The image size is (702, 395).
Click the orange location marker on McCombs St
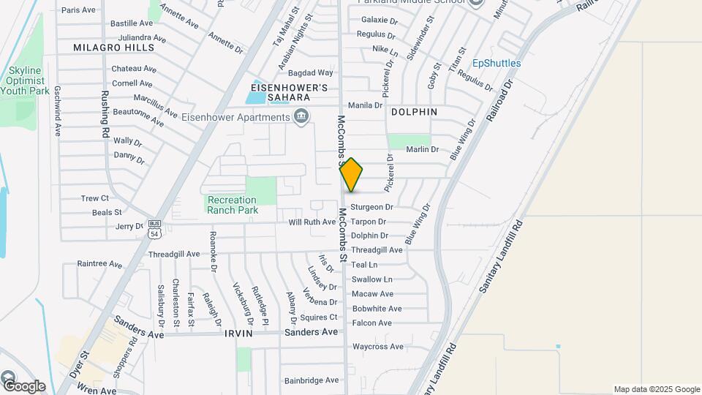[x=351, y=175]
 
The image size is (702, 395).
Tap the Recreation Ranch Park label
[x=232, y=205]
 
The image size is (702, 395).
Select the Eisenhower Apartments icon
[x=301, y=117]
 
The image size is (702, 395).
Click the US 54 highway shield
[x=154, y=229]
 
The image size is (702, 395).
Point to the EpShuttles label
[x=497, y=64]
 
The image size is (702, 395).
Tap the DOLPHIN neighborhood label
[x=414, y=112]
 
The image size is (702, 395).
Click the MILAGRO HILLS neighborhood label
[x=114, y=48]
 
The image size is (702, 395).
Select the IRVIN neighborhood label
[x=239, y=333]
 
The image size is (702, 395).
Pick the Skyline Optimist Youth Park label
[x=25, y=80]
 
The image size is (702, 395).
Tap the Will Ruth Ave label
[x=312, y=222]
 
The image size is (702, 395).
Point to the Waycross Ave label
[x=377, y=347]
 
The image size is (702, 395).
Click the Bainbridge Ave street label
[x=312, y=380]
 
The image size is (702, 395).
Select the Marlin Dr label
[x=423, y=149]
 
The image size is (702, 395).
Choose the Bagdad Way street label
[x=310, y=73]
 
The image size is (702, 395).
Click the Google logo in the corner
[x=23, y=385]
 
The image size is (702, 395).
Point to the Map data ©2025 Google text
[x=657, y=389]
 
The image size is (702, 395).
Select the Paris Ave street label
[x=78, y=10]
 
